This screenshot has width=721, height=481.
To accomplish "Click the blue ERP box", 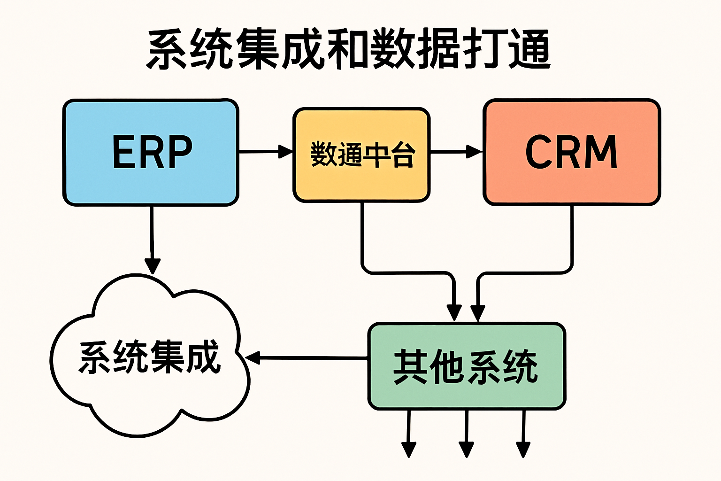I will pos(151,152).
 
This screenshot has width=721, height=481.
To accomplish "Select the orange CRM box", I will pos(571,152).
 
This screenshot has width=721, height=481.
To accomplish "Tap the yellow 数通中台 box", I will pos(361,155).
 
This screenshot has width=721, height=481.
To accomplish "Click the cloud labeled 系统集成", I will pos(149,357).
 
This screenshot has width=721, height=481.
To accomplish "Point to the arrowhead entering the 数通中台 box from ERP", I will pos(285,152).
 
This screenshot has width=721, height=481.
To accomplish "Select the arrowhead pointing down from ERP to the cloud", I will pos(152,265).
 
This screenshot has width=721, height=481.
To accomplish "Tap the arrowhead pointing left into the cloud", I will pos(253,358).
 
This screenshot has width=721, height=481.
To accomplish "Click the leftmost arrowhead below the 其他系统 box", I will pos(409,449).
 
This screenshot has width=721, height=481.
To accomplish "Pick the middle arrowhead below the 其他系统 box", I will pos(466,449).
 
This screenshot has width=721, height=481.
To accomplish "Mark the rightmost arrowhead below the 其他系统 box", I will pos(523,449).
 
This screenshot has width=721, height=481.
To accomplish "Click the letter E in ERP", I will pos(123,152).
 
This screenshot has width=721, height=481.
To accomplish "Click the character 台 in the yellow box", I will pos(403,155).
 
